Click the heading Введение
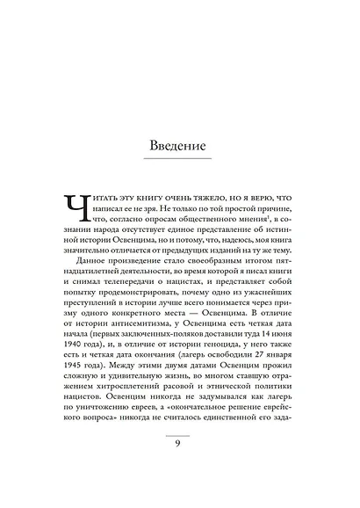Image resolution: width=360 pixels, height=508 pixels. (x=180, y=142)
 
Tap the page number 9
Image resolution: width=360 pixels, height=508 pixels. (x=180, y=466)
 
